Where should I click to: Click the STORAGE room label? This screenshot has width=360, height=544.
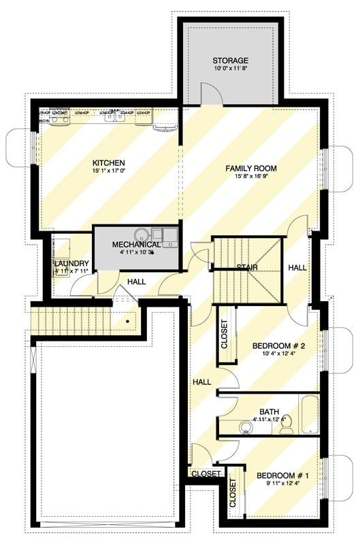pos(230,61)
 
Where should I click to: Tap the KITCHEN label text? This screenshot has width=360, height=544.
pos(109,163)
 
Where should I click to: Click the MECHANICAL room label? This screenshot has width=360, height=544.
pos(136,244)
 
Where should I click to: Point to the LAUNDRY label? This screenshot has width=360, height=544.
pos(71,263)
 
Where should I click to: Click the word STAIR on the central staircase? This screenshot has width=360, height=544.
pos(246,267)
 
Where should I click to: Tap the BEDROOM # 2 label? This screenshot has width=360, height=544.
pos(278,346)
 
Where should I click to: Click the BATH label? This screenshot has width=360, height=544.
pos(269,411)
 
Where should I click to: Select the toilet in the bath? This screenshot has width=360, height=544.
pos(288,424)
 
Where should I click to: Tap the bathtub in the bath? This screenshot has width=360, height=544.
pos(309,414)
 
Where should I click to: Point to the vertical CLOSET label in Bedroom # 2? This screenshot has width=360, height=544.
pos(224,334)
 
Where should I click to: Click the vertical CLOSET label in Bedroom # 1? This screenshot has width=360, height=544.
pos(233,494)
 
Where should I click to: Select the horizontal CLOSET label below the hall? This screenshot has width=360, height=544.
pos(206,473)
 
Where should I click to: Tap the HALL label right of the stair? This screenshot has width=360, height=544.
pos(297,268)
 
